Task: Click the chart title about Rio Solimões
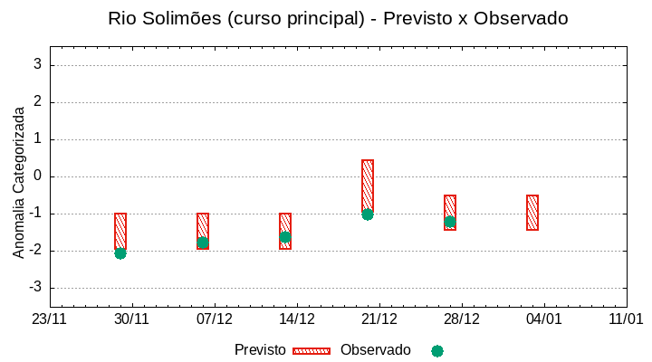pos(337,18)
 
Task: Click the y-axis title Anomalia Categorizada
pos(19,182)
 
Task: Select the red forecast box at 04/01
pos(532,213)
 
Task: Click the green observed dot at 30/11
pos(120,253)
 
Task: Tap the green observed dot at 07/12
pos(203,243)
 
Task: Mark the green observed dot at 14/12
pos(285,237)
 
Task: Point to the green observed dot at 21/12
pos(368,214)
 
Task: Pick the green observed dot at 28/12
pos(450,222)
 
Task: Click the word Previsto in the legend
pos(260,350)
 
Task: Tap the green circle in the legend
pos(437,350)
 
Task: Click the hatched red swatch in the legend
pos(312,350)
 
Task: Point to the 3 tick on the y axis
pos(38,64)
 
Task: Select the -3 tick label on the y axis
pos(36,288)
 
